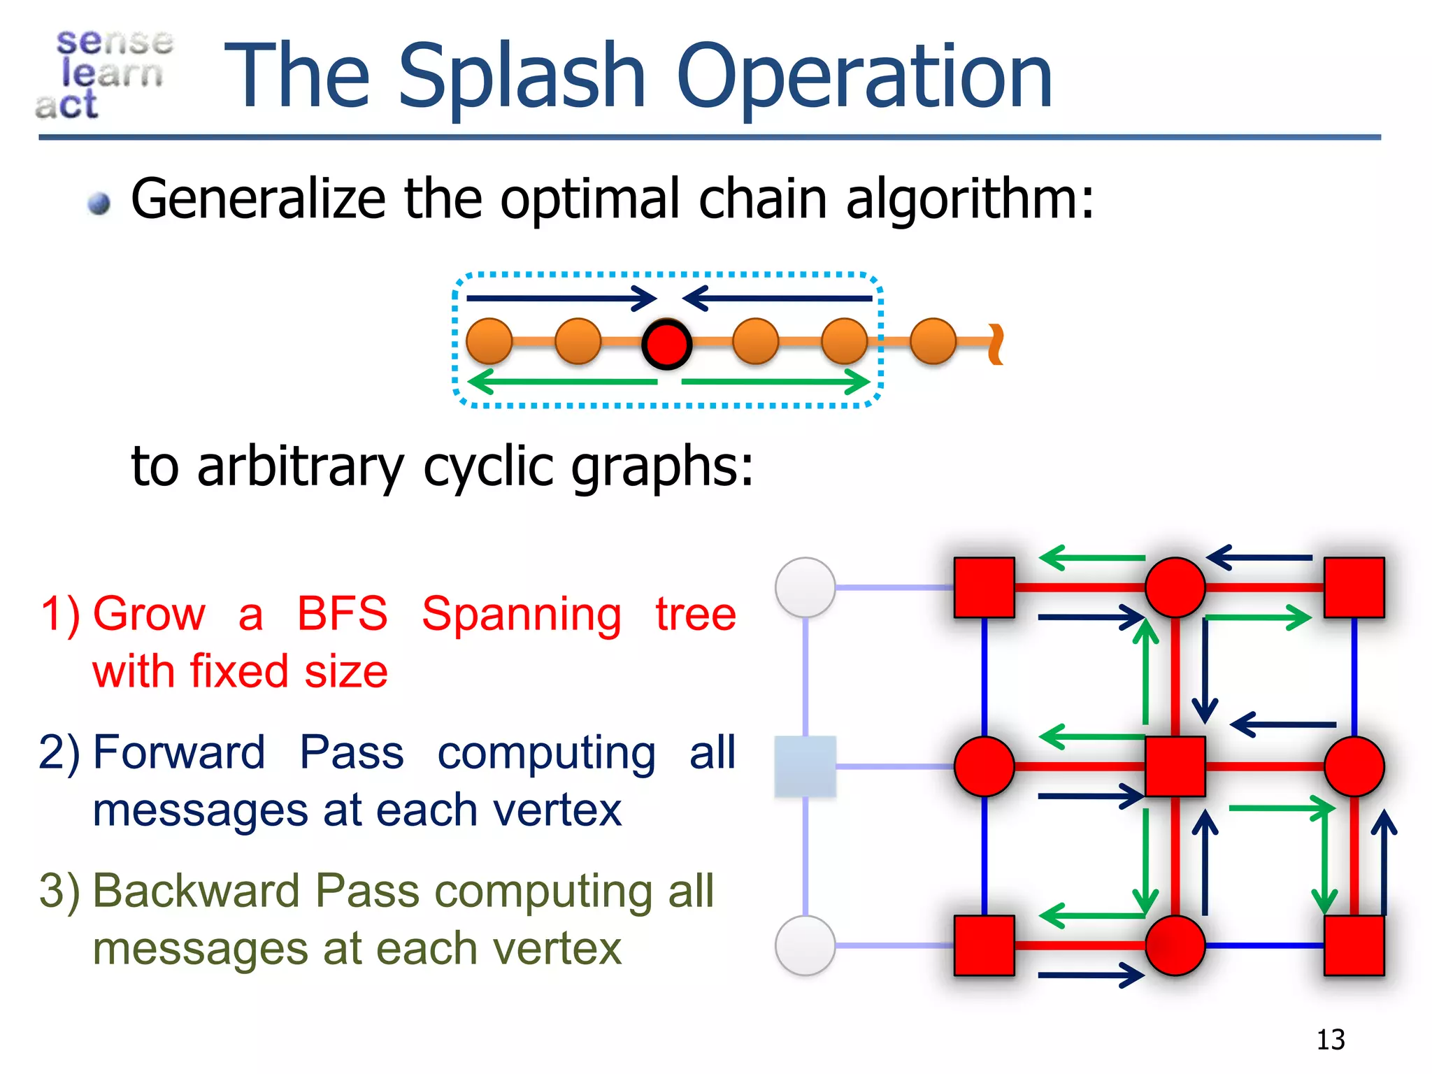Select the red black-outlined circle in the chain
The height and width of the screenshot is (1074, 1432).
pos(667,343)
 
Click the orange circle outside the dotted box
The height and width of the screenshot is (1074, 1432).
pos(933,341)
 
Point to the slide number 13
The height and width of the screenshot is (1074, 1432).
pos(1330,1040)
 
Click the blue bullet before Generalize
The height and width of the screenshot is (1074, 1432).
pos(99,203)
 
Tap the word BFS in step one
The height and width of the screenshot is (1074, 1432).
pos(342,614)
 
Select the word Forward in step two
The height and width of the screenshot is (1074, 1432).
pos(179,752)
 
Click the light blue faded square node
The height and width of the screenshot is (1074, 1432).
pos(805,766)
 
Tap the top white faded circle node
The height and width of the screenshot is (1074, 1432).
pos(805,587)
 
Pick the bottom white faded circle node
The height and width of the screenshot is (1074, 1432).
pos(805,945)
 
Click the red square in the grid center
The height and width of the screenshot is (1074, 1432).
pos(1175,766)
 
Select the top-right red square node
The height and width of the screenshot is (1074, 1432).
pos(1354,587)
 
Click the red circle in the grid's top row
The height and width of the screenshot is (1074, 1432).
pos(1175,587)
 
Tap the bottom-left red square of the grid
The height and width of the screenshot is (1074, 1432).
pos(984,945)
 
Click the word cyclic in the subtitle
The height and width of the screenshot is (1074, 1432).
pos(488,466)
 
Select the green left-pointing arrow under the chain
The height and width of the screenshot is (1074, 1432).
pos(563,382)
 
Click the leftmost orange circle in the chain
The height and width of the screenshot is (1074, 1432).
pos(489,341)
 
